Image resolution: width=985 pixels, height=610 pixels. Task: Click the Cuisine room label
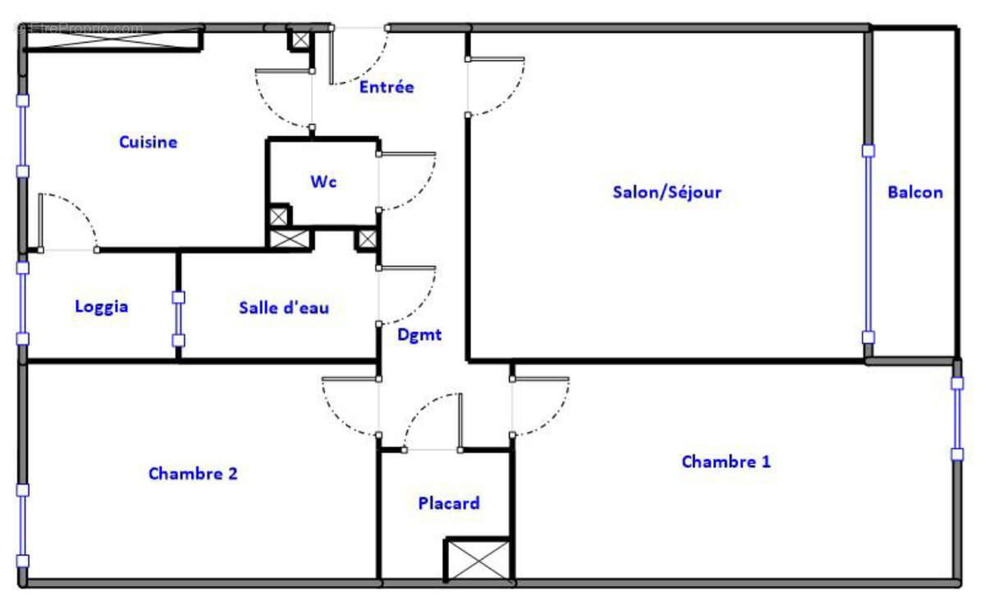148,142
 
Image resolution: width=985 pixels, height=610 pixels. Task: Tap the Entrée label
387,87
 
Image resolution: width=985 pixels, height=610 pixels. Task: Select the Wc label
323,181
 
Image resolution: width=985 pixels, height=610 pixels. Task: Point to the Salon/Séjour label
667,192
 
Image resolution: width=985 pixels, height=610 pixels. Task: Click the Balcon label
914,193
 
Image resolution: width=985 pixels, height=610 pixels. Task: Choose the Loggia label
102,307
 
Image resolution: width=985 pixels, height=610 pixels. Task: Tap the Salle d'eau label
284,307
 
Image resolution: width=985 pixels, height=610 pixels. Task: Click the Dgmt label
419,335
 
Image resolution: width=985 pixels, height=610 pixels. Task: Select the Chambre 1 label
726,462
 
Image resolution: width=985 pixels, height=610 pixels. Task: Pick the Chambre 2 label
193,473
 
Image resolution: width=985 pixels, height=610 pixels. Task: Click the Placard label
448,503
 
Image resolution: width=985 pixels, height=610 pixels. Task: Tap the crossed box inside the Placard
477,561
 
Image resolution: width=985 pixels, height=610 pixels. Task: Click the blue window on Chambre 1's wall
957,418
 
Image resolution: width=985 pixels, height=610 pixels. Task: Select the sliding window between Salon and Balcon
868,244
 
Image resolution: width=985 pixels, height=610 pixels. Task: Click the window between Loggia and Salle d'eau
178,319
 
